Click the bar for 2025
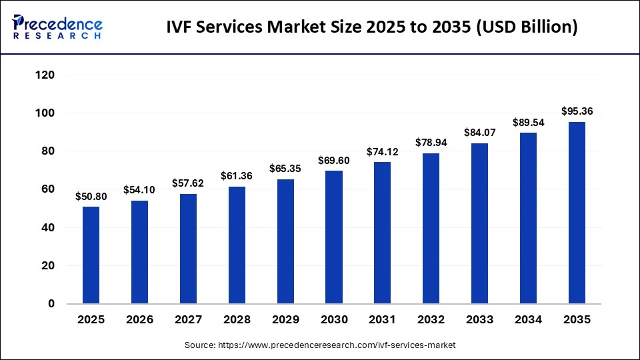[91, 255]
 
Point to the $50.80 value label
[91, 197]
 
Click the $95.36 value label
[577, 111]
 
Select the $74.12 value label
[383, 152]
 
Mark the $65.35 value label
[285, 169]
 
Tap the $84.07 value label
[479, 133]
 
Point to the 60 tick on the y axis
[47, 189]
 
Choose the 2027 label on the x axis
[188, 320]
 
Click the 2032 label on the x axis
[431, 320]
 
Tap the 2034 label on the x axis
[529, 320]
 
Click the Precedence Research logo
[57, 27]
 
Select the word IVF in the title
[181, 27]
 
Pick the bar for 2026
[139, 252]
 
